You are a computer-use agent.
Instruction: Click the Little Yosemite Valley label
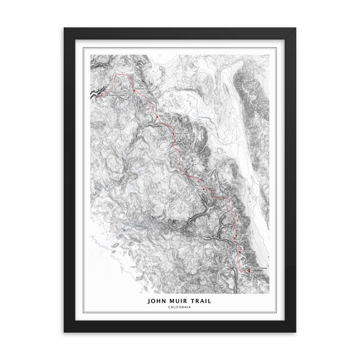(115, 95)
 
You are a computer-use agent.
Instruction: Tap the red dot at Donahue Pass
(134, 90)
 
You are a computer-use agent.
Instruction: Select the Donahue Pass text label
(141, 88)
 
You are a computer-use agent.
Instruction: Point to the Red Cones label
(165, 116)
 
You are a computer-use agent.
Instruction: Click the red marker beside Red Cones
(157, 116)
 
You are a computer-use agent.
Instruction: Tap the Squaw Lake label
(181, 134)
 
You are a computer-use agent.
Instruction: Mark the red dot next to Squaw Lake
(174, 134)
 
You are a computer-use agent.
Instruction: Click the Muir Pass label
(203, 192)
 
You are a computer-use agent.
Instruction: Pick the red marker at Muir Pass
(203, 189)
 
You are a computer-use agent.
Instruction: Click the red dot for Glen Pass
(235, 238)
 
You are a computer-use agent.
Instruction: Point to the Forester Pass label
(248, 251)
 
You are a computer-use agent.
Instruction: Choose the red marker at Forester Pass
(240, 252)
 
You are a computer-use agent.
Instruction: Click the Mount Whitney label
(259, 269)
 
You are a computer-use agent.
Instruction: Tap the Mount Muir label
(257, 273)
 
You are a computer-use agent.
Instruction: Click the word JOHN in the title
(155, 301)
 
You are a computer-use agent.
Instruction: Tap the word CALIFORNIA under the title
(179, 307)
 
